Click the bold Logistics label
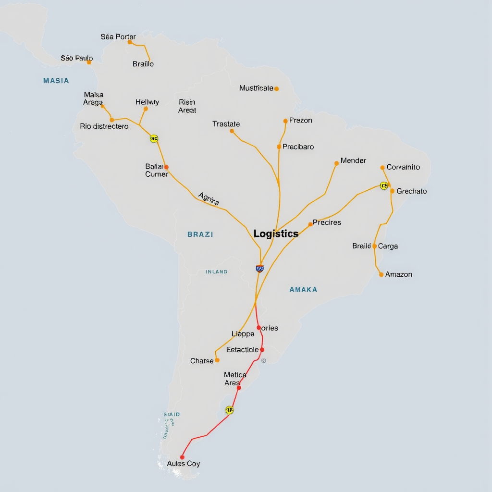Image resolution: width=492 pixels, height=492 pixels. pos(276,234)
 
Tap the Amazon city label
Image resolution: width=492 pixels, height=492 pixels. pos(399,274)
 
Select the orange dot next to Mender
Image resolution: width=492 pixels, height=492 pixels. pos(336,163)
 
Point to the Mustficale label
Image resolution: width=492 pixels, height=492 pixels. pos(256,88)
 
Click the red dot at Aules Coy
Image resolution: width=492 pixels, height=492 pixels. pos(182,457)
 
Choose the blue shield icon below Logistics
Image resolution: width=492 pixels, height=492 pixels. pos(260,269)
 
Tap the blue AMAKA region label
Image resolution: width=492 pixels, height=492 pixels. pos(303,290)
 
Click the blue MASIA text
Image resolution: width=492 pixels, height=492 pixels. pos(56,81)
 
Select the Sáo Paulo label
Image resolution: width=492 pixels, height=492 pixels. pos(76,58)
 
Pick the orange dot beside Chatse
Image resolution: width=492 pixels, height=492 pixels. pos(217,360)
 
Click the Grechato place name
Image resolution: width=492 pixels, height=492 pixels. pos(412,191)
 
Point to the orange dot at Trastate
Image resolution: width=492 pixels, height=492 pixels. pos(232,131)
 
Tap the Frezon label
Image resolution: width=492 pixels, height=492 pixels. pos(301,120)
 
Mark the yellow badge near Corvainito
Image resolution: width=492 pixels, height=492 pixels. pos(383,185)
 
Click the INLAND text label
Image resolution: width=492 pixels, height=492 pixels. pos(217,272)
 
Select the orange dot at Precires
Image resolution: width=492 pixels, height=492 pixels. pos(310,224)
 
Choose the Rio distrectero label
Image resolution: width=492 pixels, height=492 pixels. pos(104,126)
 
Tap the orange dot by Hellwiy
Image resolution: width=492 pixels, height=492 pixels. pos(146,109)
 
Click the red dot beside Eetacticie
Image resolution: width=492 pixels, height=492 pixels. pos(262,350)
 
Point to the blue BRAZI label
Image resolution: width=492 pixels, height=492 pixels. pos(200,234)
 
